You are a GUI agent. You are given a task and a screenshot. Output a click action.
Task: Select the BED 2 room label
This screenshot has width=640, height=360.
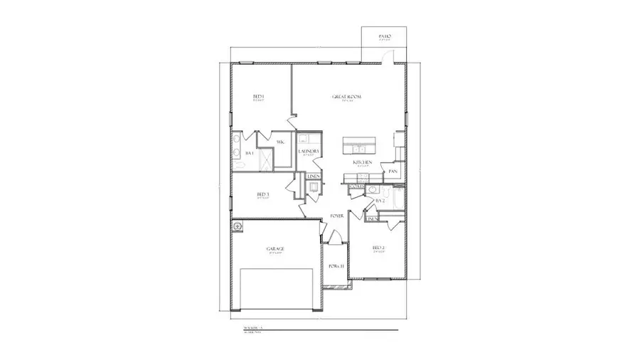point(378,248)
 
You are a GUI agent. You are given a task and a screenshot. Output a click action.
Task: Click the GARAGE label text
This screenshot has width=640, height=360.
point(275,248)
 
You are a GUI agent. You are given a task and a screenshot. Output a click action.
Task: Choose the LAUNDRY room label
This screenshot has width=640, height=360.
point(307,151)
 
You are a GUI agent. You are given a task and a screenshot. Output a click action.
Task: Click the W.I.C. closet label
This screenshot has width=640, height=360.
point(281,142)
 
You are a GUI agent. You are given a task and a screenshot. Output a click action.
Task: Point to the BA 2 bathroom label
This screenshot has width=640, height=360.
point(380,201)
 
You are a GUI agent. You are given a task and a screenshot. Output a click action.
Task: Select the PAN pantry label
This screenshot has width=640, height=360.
point(393,171)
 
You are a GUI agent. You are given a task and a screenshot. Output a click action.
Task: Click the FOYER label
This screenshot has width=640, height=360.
point(337,216)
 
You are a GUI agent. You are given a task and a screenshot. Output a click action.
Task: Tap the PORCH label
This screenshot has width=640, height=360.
point(336,266)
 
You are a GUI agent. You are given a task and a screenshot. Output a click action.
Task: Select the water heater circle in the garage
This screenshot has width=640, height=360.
point(238,226)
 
